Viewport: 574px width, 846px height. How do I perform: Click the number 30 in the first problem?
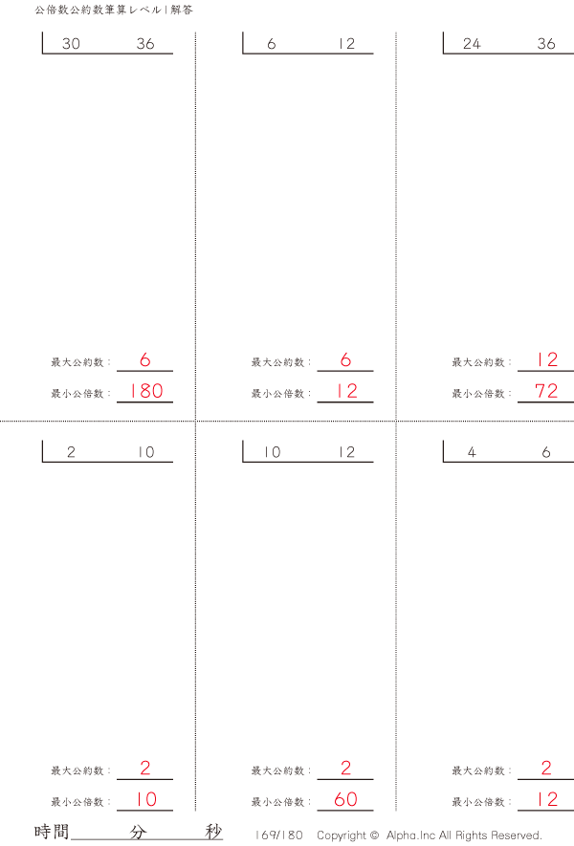click(x=72, y=44)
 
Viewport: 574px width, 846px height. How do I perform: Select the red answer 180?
click(x=146, y=391)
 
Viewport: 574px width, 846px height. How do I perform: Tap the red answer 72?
click(x=546, y=391)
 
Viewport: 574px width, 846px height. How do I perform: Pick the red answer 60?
click(x=345, y=799)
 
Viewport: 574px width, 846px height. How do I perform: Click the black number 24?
click(x=472, y=44)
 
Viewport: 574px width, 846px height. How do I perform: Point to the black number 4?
click(x=472, y=452)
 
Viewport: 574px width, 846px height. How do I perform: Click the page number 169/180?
click(x=278, y=835)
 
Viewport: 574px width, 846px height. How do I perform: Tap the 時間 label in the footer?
click(x=52, y=832)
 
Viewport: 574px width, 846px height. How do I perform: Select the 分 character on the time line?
click(x=138, y=832)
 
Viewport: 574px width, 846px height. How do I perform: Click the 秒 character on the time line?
click(x=213, y=832)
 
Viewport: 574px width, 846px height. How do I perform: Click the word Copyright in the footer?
click(x=342, y=835)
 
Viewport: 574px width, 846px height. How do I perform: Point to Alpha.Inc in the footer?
click(x=410, y=835)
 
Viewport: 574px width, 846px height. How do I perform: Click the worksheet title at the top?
click(x=114, y=10)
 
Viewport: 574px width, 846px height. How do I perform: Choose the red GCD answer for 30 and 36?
click(x=145, y=359)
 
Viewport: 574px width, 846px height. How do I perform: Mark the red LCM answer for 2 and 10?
click(x=146, y=799)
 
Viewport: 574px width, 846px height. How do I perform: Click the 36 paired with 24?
click(x=546, y=44)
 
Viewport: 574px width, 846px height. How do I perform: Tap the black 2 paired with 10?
click(x=72, y=452)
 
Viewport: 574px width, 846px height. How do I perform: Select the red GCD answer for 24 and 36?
click(x=546, y=359)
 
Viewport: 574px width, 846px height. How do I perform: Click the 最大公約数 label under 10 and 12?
click(x=278, y=771)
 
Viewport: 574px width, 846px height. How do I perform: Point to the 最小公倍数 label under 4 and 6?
click(x=478, y=802)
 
